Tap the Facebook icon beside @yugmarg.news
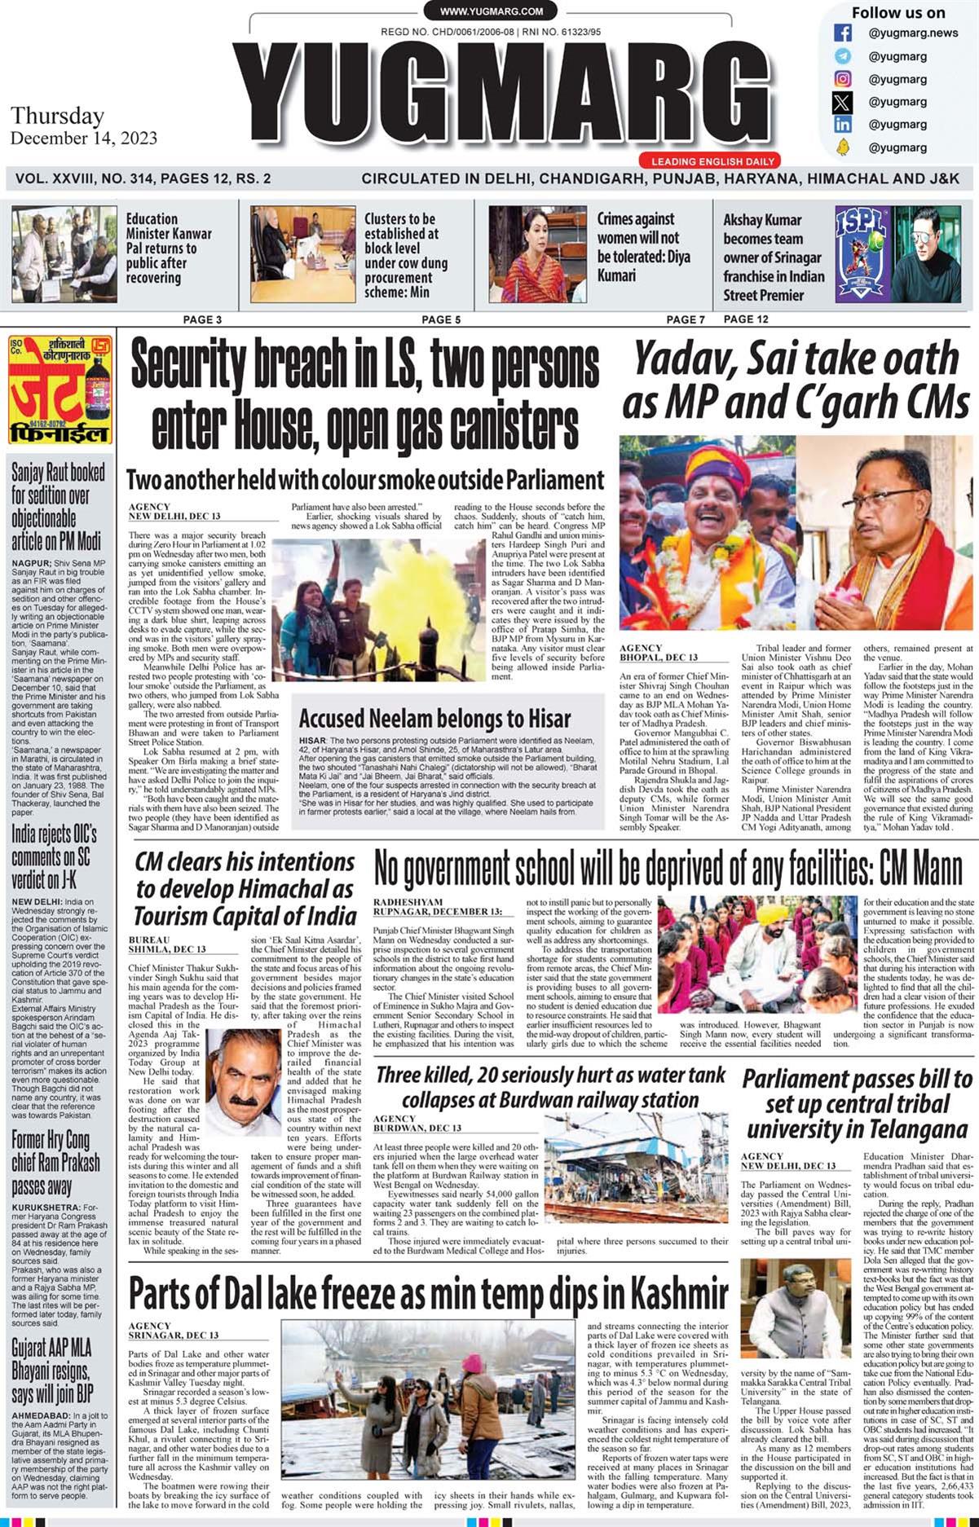pyautogui.click(x=843, y=33)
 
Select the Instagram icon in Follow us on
pyautogui.click(x=843, y=79)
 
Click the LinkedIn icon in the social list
pyautogui.click(x=843, y=125)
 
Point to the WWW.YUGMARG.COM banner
pyautogui.click(x=491, y=11)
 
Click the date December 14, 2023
pyautogui.click(x=84, y=139)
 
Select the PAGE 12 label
pyautogui.click(x=745, y=319)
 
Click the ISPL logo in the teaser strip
pyautogui.click(x=862, y=253)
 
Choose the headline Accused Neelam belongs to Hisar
pyautogui.click(x=434, y=719)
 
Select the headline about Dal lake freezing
pyautogui.click(x=428, y=1293)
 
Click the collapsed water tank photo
pyautogui.click(x=636, y=1172)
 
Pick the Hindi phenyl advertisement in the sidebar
pyautogui.click(x=60, y=390)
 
